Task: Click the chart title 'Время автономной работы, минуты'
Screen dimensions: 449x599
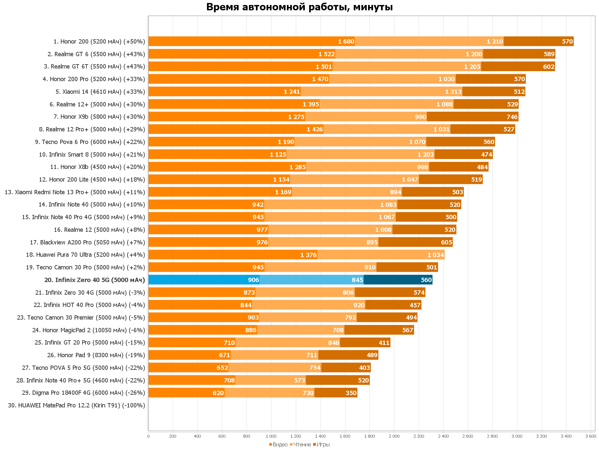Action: pyautogui.click(x=299, y=7)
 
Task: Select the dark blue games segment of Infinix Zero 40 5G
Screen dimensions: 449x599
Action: pyautogui.click(x=398, y=280)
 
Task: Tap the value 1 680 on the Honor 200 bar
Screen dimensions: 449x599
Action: pyautogui.click(x=346, y=42)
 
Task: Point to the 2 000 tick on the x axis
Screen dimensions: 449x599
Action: pyautogui.click(x=394, y=436)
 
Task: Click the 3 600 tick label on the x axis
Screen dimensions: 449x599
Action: pyautogui.click(x=591, y=436)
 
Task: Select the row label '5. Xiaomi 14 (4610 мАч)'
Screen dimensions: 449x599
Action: pyautogui.click(x=100, y=92)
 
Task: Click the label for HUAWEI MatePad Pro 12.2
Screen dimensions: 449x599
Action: pyautogui.click(x=77, y=405)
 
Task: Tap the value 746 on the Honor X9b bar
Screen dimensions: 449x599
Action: pyautogui.click(x=512, y=117)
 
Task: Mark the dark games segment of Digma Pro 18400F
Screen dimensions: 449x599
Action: pyautogui.click(x=336, y=393)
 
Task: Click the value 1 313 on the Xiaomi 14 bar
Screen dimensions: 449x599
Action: pyautogui.click(x=453, y=92)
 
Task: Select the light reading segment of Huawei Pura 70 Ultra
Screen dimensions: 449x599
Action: pyautogui.click(x=381, y=255)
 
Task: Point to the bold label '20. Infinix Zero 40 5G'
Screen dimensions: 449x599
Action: pyautogui.click(x=95, y=280)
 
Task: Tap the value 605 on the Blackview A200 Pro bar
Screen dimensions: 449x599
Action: pyautogui.click(x=446, y=242)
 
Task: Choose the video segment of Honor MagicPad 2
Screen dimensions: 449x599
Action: pyautogui.click(x=203, y=330)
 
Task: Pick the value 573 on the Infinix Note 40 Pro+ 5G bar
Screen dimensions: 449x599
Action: pyautogui.click(x=299, y=380)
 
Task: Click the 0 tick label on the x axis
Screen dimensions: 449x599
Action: pyautogui.click(x=148, y=436)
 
